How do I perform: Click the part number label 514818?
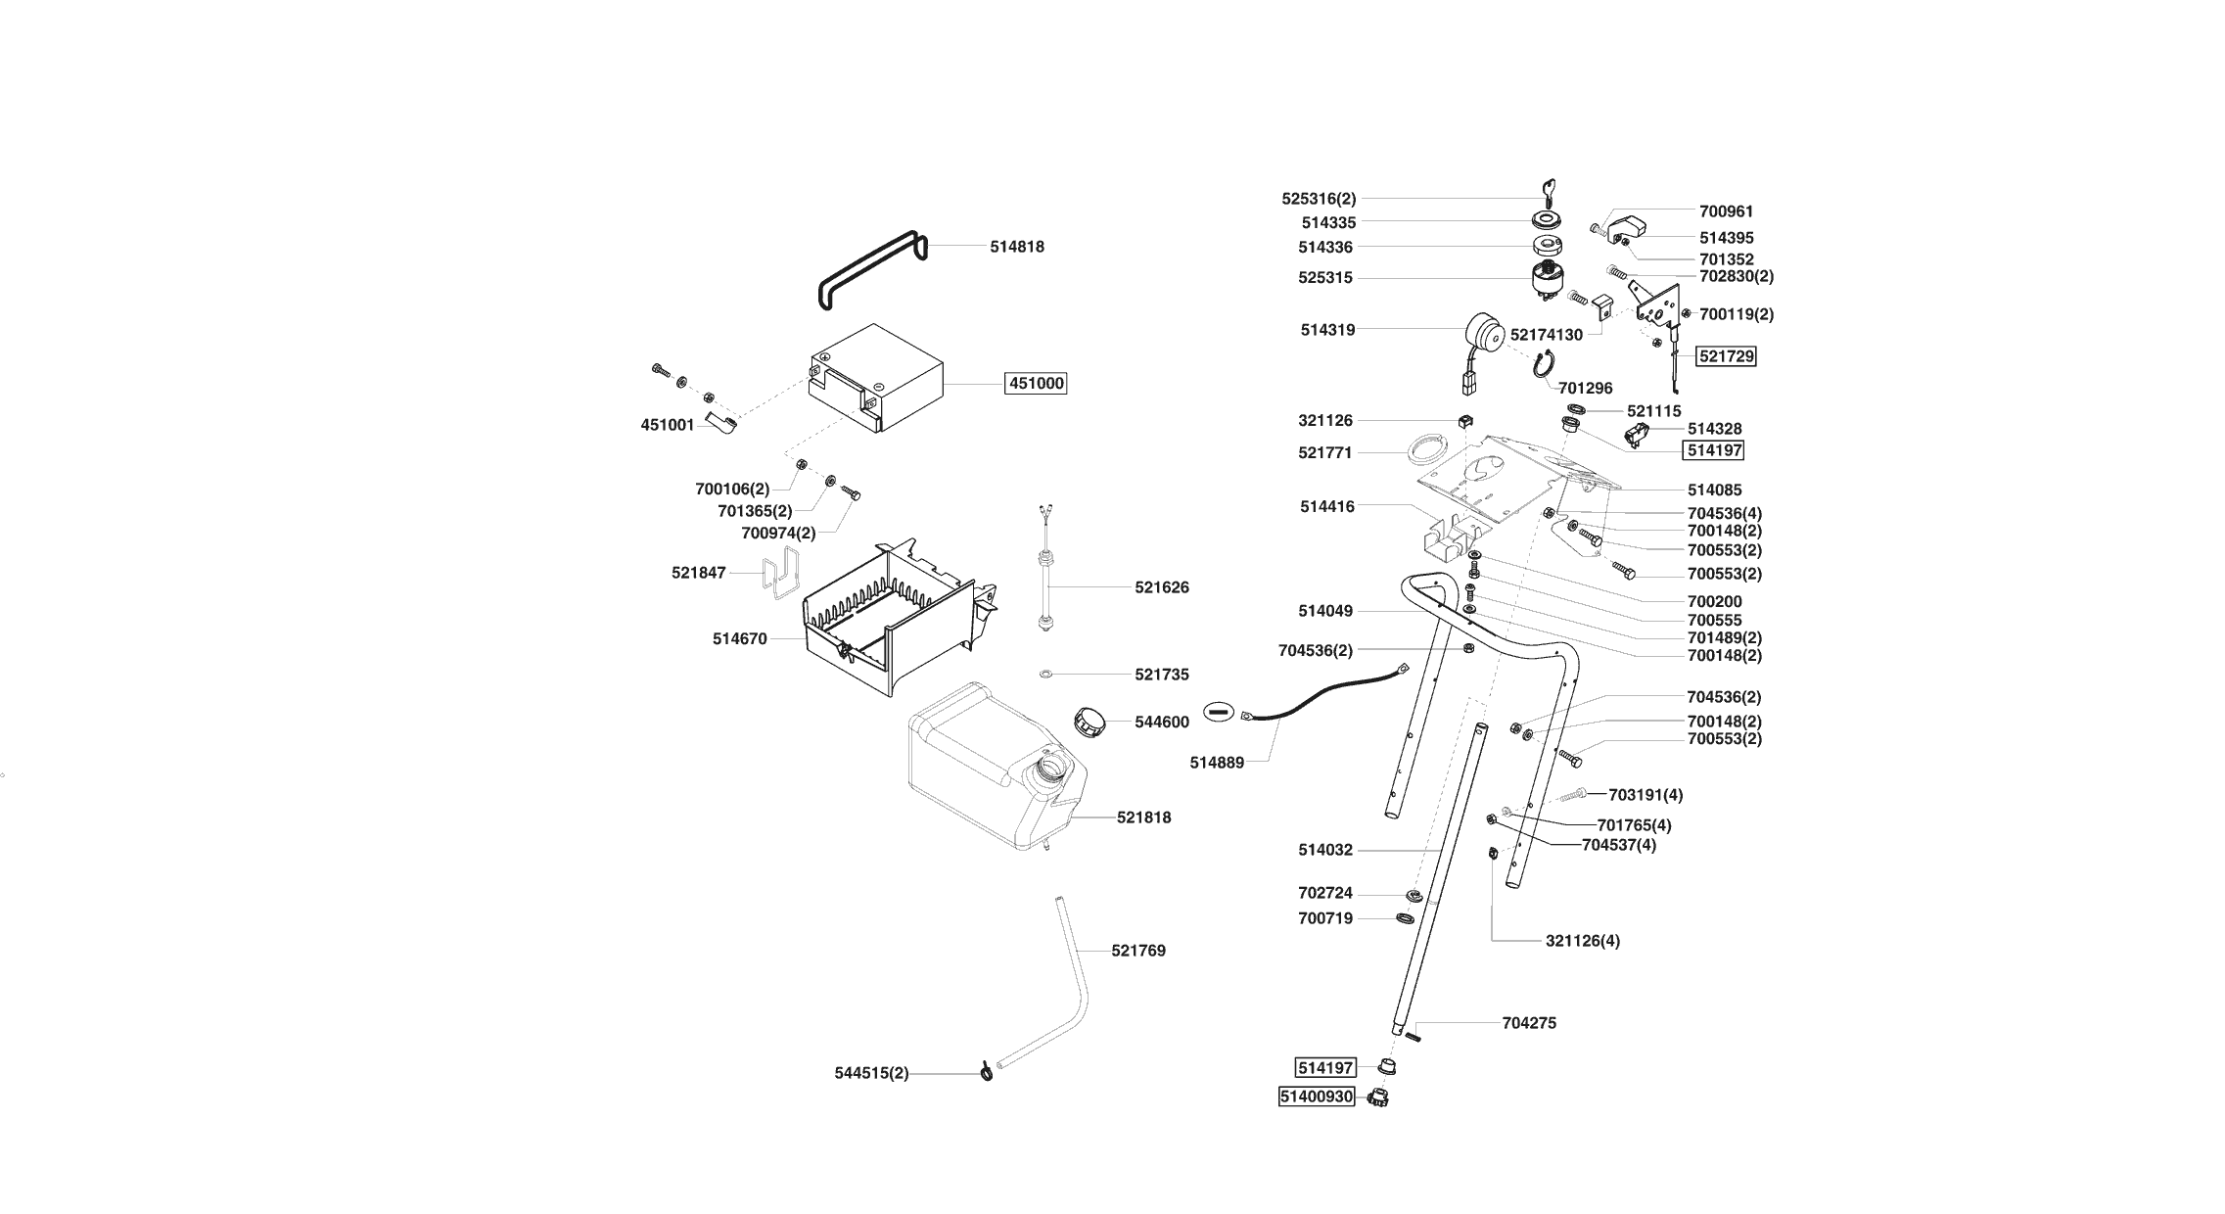click(1017, 247)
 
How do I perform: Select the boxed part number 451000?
click(1037, 384)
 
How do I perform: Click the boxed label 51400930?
click(1317, 1097)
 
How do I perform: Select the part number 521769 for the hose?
click(1138, 951)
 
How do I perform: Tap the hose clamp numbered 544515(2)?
click(986, 1074)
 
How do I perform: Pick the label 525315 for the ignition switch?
click(1325, 278)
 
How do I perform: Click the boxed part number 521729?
click(1727, 357)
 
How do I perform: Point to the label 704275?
click(1529, 1023)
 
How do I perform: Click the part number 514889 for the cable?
click(1217, 763)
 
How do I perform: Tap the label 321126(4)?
click(1583, 941)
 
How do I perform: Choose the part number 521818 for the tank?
click(1143, 817)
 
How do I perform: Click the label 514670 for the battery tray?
click(739, 639)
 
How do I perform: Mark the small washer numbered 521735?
click(1045, 675)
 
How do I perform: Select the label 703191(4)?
click(1646, 795)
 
